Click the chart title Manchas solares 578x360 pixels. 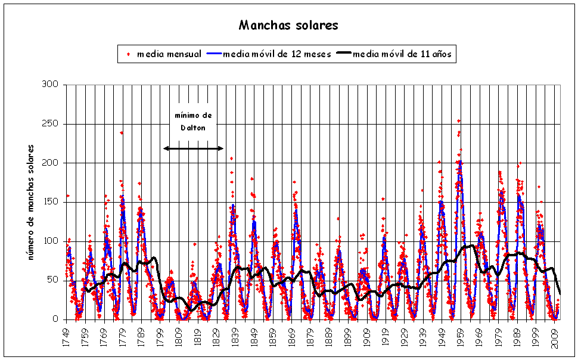tap(288, 25)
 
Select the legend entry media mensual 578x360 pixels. tap(169, 54)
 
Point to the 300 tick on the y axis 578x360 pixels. tap(50, 85)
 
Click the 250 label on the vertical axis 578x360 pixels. tap(50, 124)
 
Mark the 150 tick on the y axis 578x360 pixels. tap(50, 202)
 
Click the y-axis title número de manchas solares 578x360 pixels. tap(31, 202)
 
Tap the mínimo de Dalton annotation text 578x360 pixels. tap(192, 121)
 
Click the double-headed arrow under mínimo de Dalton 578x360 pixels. tap(193, 148)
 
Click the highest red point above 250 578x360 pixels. tap(459, 121)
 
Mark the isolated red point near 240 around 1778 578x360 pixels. tap(122, 133)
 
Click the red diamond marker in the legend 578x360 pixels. tap(128, 54)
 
